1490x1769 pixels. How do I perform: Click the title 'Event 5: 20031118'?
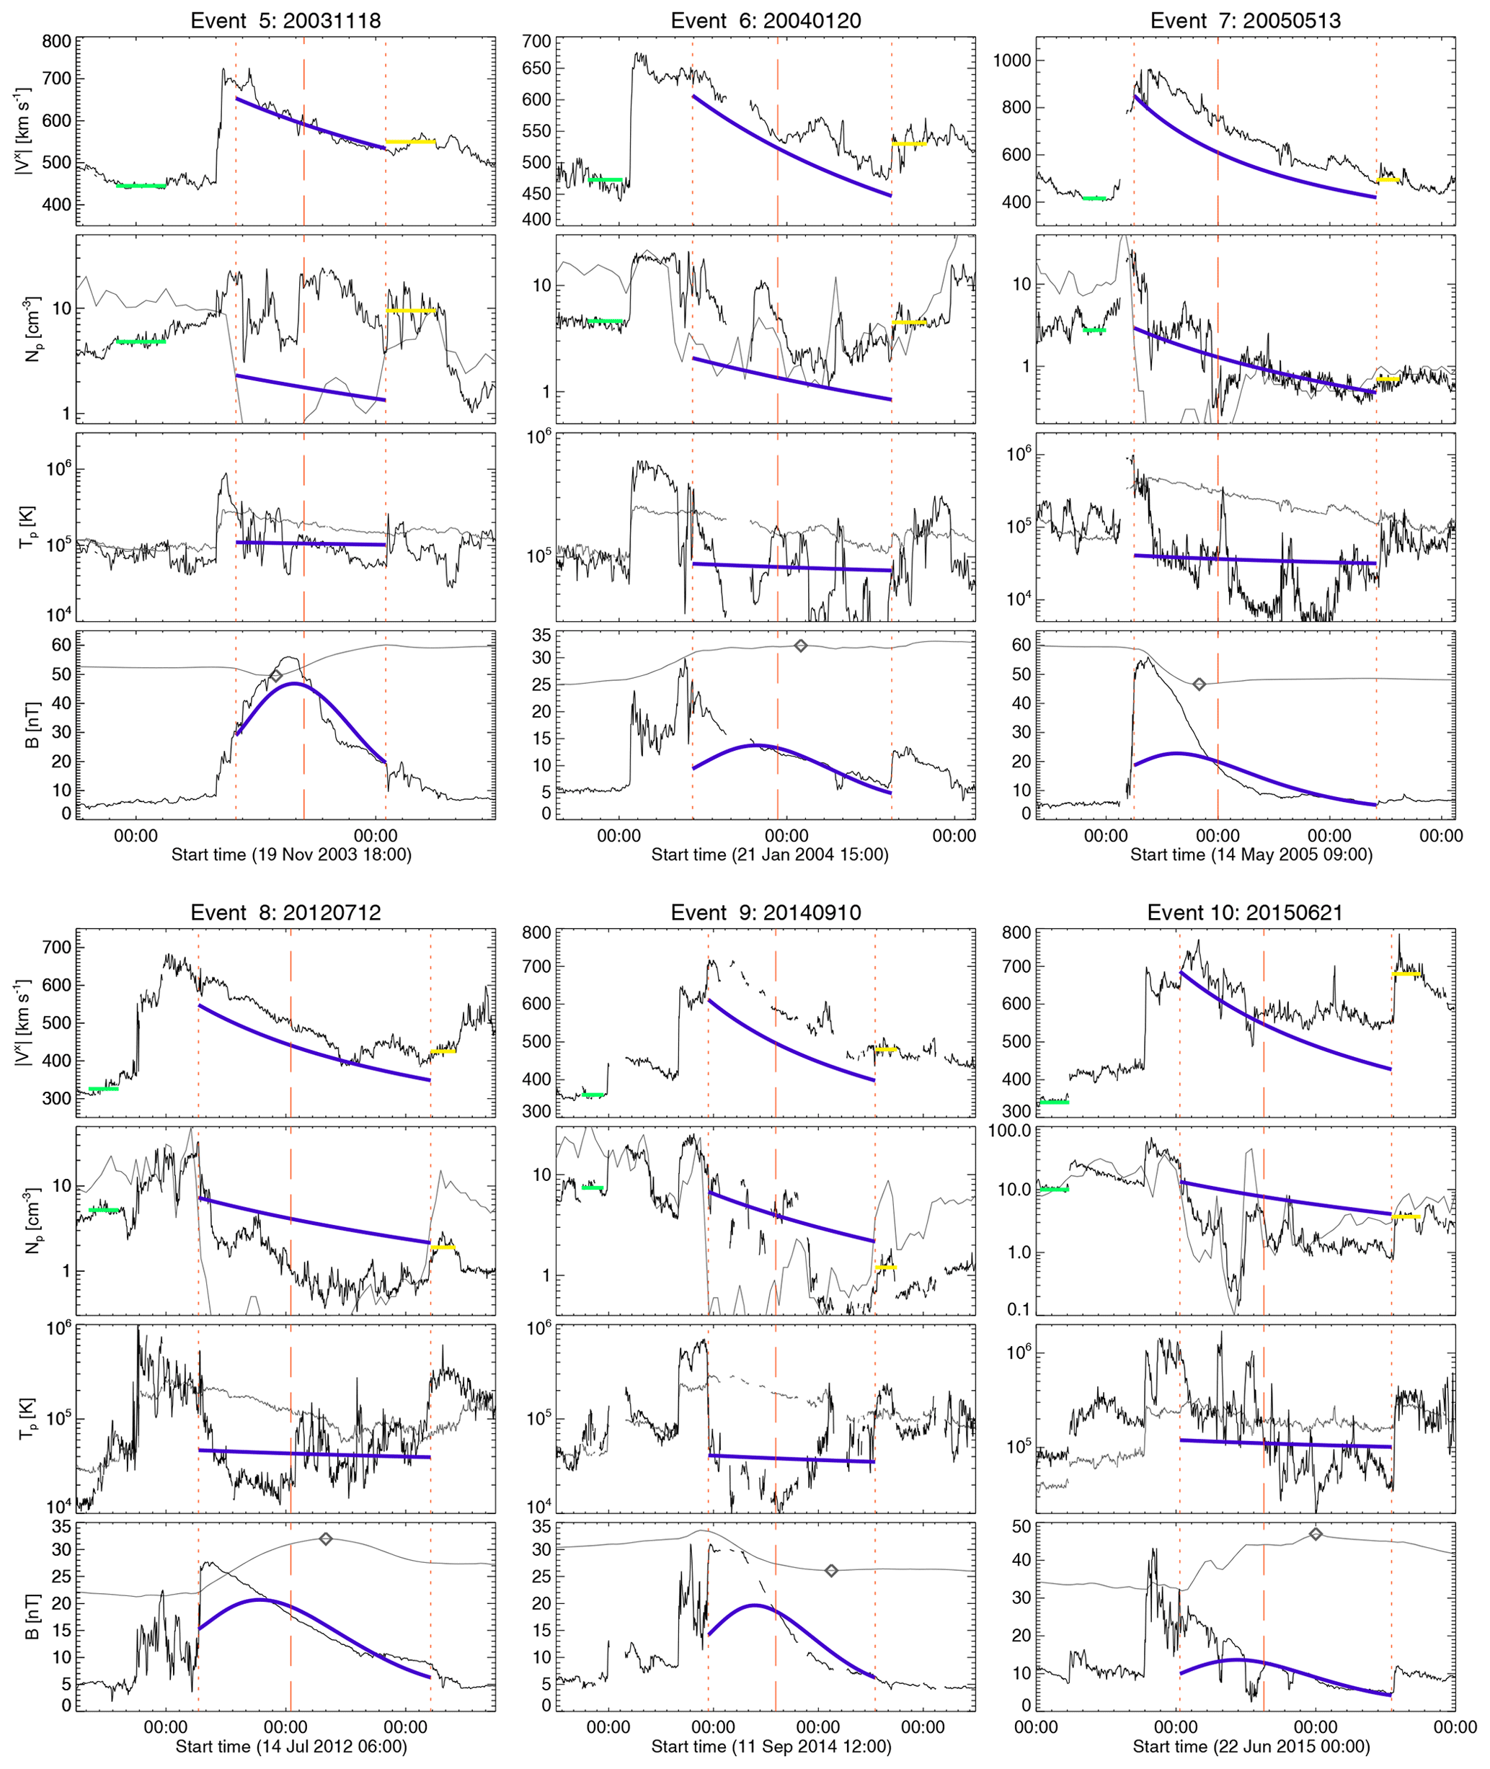(285, 20)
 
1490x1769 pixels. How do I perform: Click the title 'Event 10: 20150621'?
(1244, 912)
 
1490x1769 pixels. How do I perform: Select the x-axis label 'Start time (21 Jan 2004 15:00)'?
(769, 855)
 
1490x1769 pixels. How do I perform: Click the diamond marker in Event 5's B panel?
(275, 675)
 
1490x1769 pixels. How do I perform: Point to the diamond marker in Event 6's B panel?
(801, 646)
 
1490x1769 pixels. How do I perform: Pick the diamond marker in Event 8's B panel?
(326, 1538)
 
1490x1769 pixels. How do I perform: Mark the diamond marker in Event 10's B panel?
(1315, 1533)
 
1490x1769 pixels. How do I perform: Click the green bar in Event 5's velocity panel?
(141, 186)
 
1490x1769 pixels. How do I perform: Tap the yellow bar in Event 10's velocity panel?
(1406, 973)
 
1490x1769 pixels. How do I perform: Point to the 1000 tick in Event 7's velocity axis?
(1014, 60)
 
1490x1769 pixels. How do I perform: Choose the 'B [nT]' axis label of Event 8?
(32, 1617)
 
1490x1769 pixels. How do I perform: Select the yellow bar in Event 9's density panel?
(885, 1267)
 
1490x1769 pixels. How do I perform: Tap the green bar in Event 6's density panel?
(606, 321)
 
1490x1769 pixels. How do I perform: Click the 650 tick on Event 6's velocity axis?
(536, 68)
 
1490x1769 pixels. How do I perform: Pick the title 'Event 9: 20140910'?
(766, 912)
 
